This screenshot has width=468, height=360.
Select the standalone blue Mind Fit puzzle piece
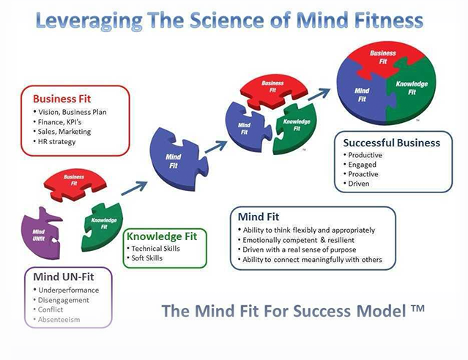177,160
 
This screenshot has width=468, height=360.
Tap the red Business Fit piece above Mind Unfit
75,184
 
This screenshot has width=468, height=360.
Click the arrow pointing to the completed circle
319,94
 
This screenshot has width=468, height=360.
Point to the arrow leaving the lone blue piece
216,147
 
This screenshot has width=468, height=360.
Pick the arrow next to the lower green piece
134,188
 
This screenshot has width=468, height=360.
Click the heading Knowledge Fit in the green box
161,236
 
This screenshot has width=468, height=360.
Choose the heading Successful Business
392,143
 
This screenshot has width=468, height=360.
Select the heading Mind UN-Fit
64,277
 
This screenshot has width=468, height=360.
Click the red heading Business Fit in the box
62,99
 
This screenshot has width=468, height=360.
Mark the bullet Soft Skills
147,258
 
